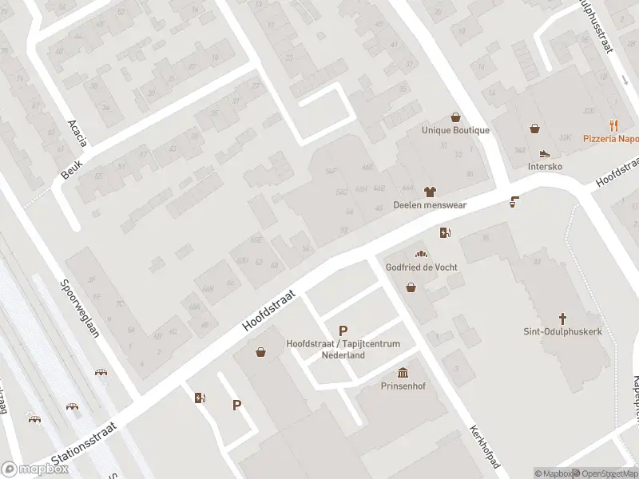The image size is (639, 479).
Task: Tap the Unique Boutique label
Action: click(x=455, y=130)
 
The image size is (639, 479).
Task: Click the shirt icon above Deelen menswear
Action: click(x=430, y=192)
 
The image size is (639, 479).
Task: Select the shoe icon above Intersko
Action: click(x=545, y=153)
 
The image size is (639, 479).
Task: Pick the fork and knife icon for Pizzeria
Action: click(x=613, y=125)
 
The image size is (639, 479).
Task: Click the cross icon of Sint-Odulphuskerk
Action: click(x=562, y=318)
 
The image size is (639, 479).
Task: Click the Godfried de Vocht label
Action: click(x=422, y=267)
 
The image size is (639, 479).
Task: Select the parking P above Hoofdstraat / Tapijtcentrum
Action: click(x=343, y=331)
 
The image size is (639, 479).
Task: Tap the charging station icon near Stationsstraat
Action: click(x=200, y=398)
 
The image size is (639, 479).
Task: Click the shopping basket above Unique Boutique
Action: click(x=455, y=117)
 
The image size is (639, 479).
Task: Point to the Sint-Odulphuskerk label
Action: click(x=562, y=331)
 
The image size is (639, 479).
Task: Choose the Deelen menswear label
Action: click(x=430, y=204)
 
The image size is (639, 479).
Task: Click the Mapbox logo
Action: click(x=35, y=469)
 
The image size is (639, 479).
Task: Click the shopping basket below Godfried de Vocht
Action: click(x=411, y=287)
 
